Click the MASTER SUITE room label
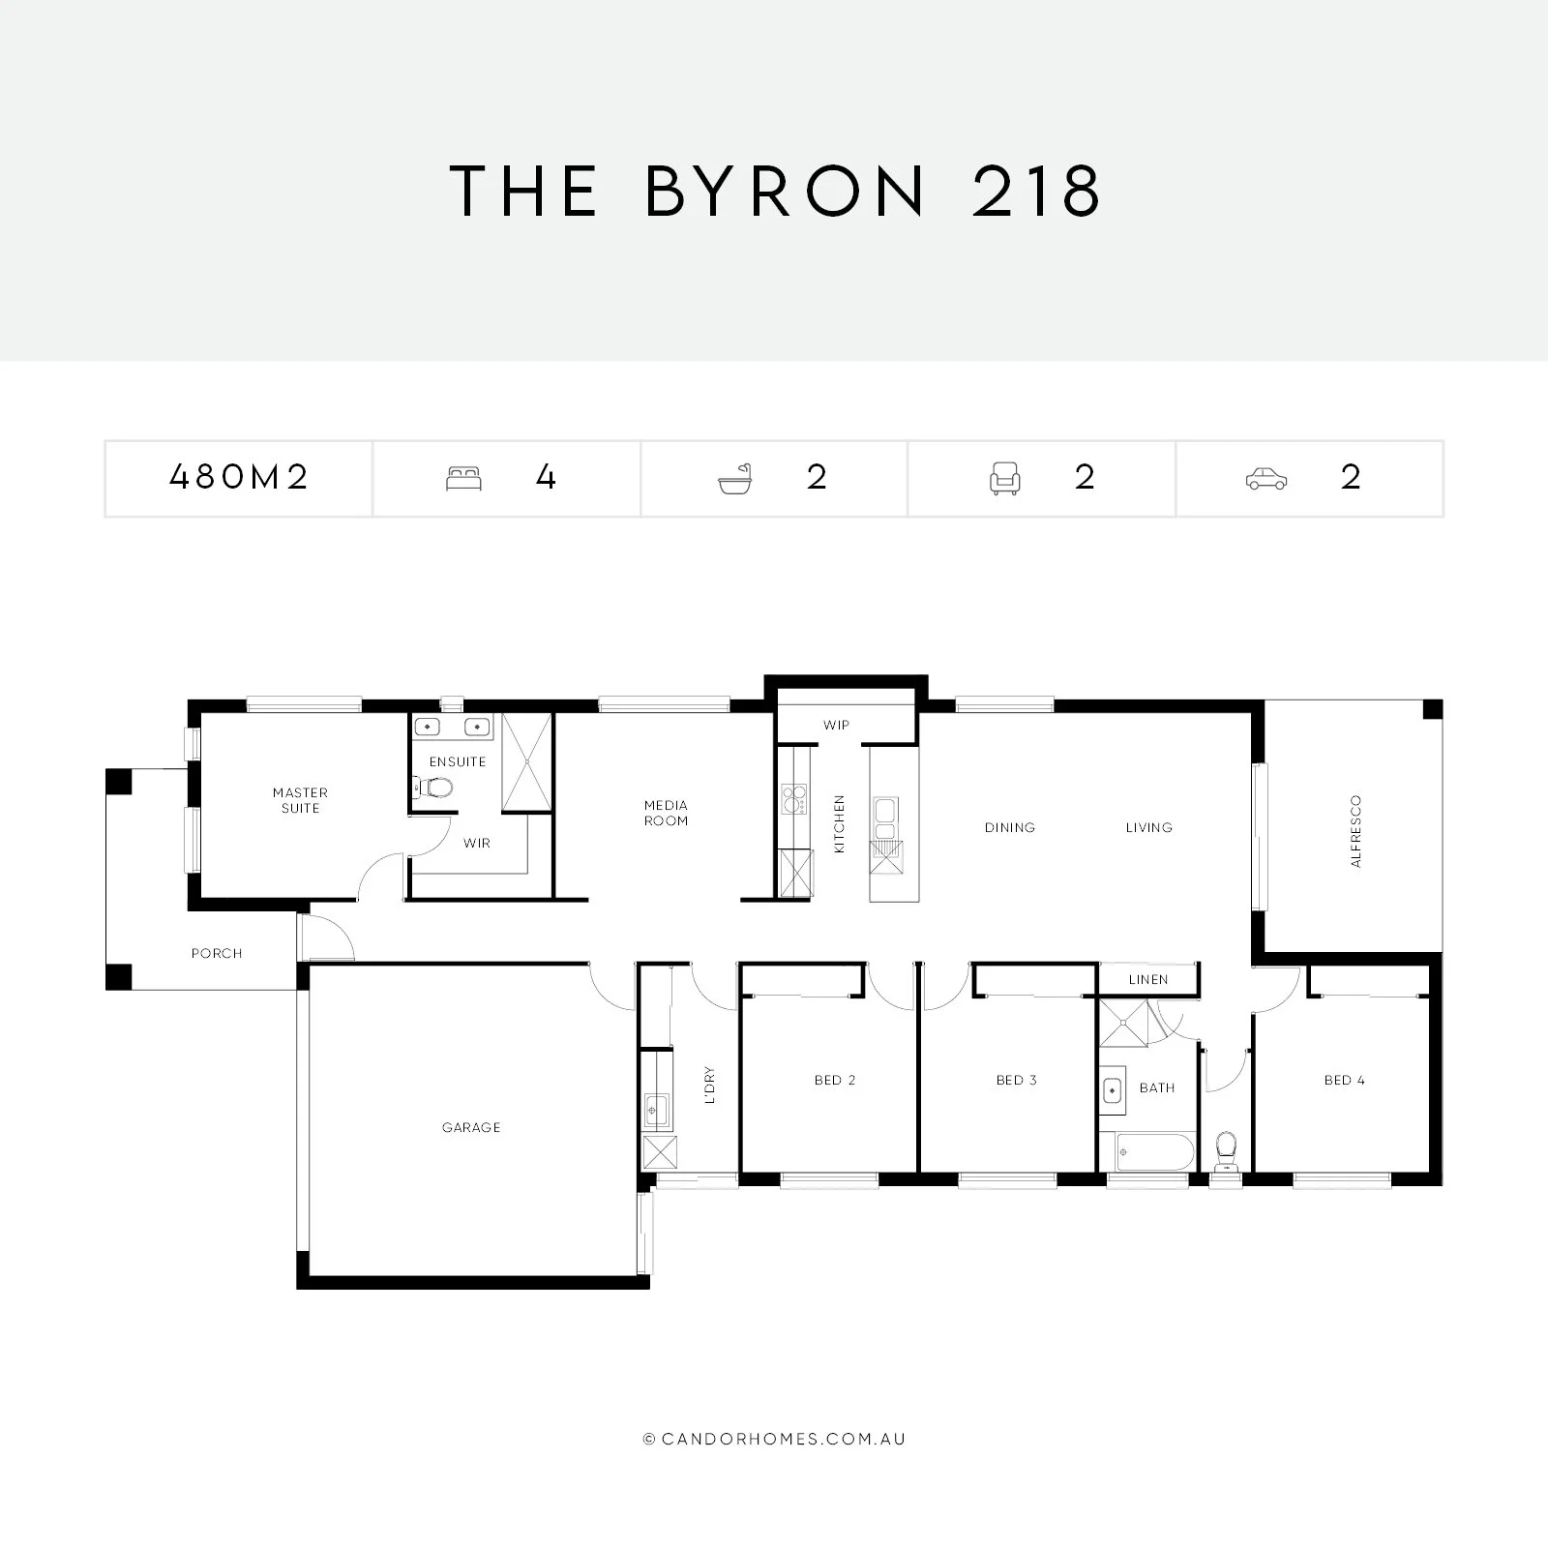point(300,800)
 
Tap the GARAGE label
point(471,1127)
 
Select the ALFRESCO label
point(1355,831)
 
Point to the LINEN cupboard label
point(1148,979)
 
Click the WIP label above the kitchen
point(836,725)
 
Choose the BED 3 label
point(1016,1080)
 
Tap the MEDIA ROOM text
point(666,813)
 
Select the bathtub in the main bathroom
point(1154,1151)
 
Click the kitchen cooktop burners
point(793,799)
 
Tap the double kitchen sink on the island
point(885,818)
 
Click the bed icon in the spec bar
point(463,478)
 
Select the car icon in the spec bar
point(1265,478)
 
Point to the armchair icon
point(1004,478)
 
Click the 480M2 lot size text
point(238,477)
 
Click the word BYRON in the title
point(785,191)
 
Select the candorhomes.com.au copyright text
point(774,1439)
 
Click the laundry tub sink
point(657,1106)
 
